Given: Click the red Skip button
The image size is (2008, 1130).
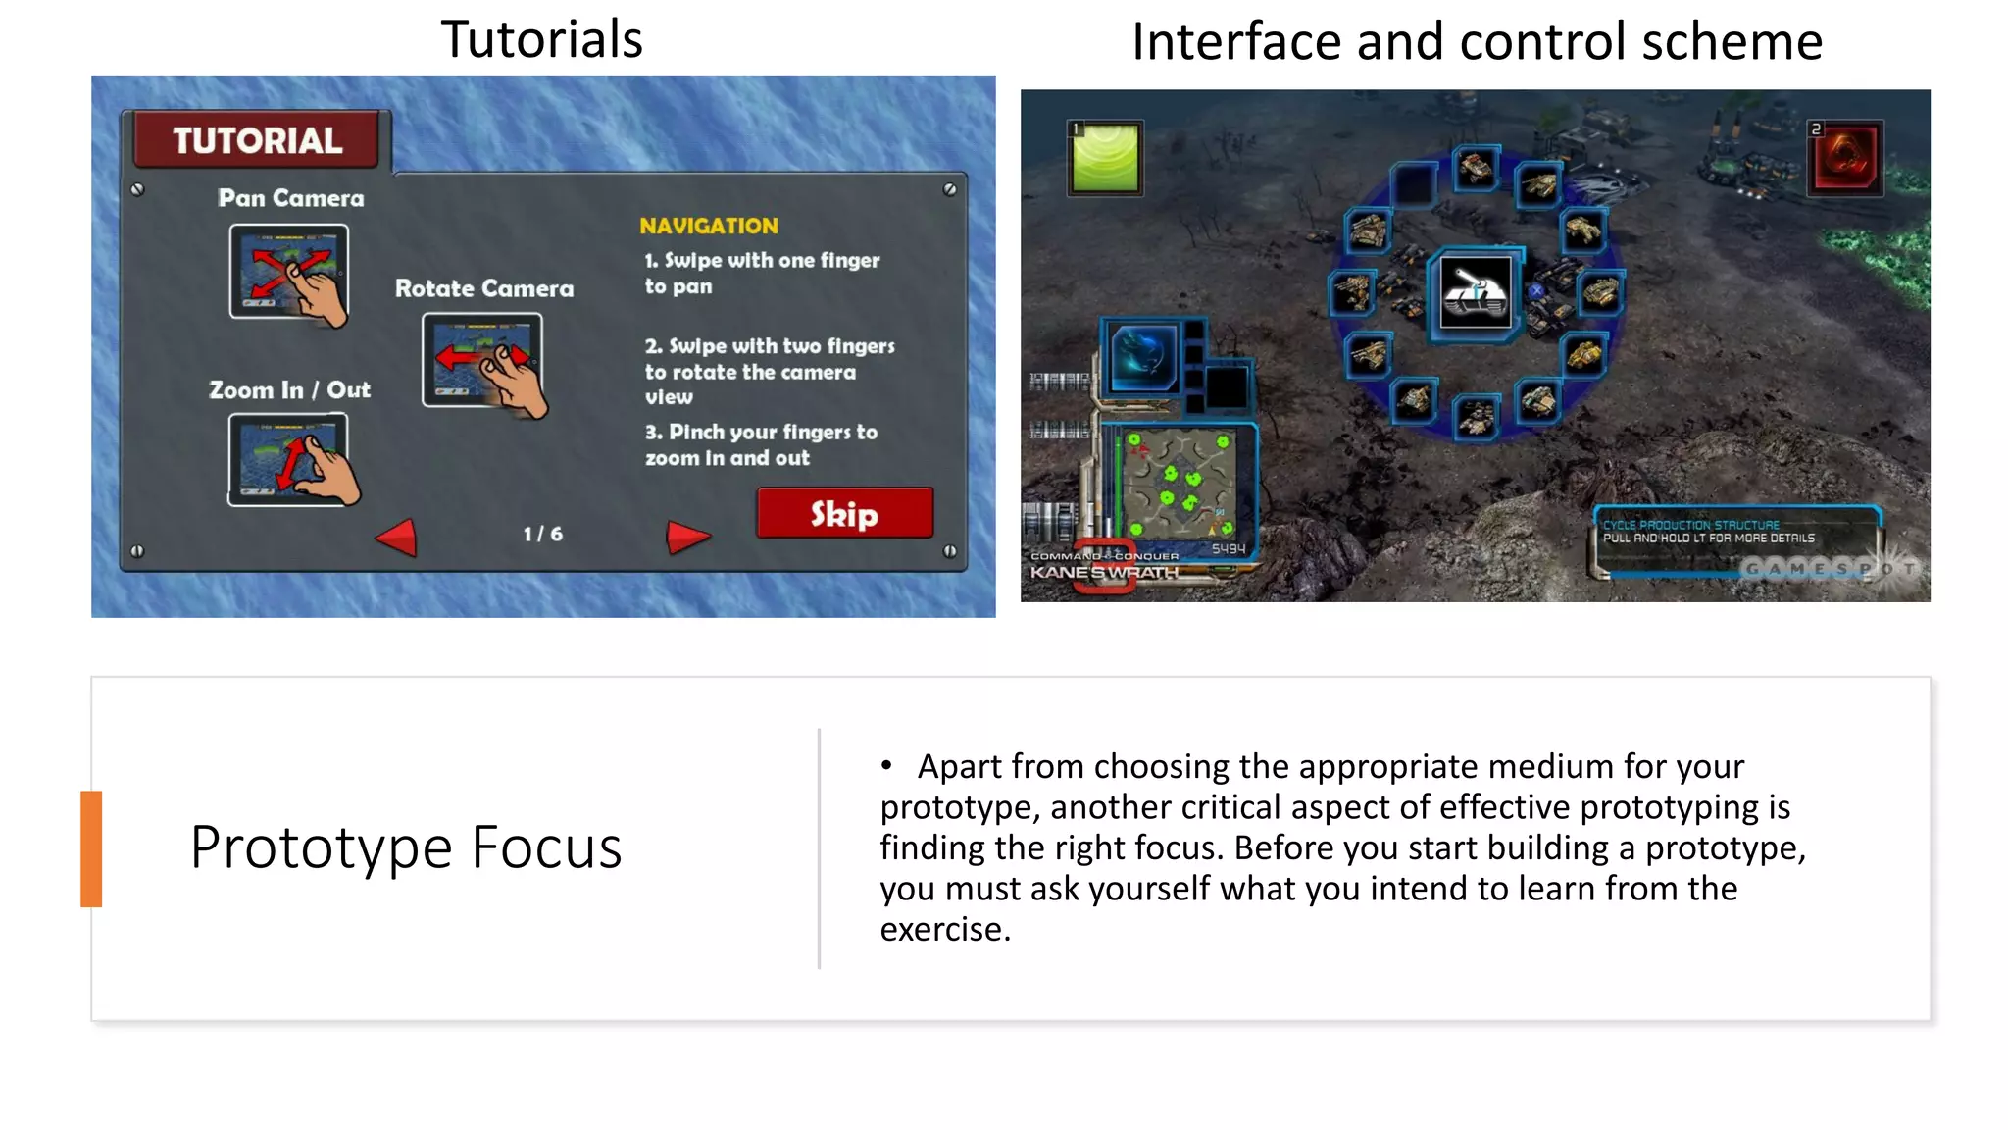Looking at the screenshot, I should tap(844, 513).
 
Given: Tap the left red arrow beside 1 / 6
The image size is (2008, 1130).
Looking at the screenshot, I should tap(398, 537).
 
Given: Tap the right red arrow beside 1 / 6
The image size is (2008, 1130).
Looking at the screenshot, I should tap(686, 536).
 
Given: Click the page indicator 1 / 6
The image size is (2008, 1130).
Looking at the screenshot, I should tap(542, 534).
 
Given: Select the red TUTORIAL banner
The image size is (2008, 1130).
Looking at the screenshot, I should tap(257, 140).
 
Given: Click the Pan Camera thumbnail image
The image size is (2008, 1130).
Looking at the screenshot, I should tap(288, 271).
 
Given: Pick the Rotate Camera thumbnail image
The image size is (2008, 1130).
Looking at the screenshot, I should tap(482, 359).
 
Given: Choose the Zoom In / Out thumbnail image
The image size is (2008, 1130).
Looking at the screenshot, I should tap(288, 459).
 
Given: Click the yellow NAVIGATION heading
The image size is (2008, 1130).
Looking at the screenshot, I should tap(708, 226).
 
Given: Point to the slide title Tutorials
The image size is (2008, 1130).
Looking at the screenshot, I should tap(541, 39).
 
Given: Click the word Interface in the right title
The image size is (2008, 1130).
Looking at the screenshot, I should tap(1235, 42).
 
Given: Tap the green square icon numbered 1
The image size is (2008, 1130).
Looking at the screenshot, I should tap(1105, 159).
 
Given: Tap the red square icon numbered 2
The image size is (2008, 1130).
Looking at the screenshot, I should tap(1845, 159).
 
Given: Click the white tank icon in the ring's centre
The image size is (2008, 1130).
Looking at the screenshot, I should tap(1476, 292).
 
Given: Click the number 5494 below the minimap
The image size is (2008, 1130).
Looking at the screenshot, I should tap(1228, 549).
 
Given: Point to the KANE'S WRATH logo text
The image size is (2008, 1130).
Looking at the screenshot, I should tap(1104, 572).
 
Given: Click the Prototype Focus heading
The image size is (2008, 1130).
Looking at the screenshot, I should tap(406, 847).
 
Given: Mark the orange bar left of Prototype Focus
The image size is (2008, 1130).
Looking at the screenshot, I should tap(91, 848).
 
